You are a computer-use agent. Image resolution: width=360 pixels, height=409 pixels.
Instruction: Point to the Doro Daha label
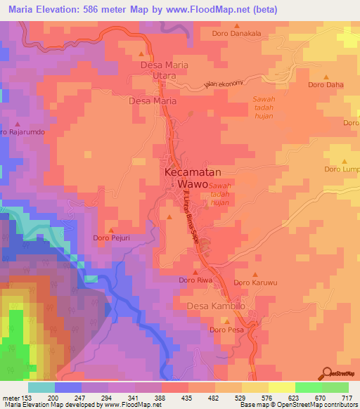[x=326, y=85]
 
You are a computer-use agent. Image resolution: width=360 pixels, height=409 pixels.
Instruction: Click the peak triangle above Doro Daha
[x=326, y=77]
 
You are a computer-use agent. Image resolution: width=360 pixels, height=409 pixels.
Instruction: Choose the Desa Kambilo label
[x=216, y=306]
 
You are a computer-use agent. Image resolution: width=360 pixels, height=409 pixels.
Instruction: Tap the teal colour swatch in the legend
[x=41, y=387]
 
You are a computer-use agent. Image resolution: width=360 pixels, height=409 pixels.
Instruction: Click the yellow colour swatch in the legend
[x=282, y=387]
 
